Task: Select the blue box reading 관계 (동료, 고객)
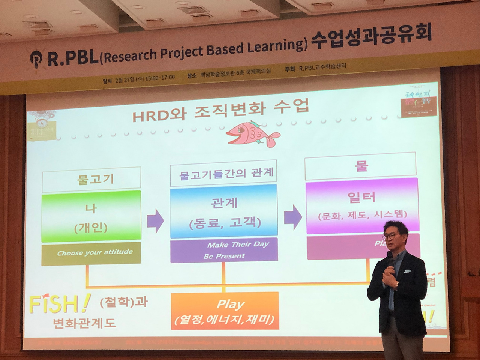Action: [x=223, y=212]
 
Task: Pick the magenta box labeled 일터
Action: [x=361, y=206]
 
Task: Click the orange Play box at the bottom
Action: [x=225, y=311]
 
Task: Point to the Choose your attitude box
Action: [x=91, y=253]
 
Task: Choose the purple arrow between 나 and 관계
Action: [x=155, y=221]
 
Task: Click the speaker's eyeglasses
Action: [x=390, y=236]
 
